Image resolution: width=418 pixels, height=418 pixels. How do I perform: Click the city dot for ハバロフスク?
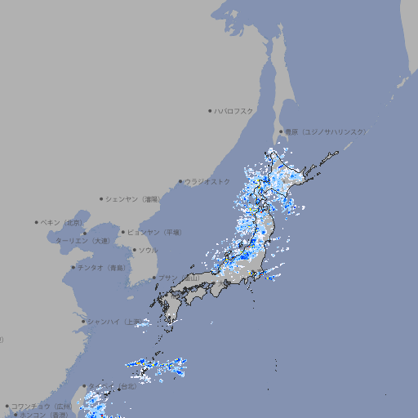tap(210, 110)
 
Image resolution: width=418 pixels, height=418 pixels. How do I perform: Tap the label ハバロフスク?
tap(234, 110)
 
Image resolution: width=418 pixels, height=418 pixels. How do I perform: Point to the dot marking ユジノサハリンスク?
tap(281, 131)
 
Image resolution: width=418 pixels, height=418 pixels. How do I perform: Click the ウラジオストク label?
tap(207, 181)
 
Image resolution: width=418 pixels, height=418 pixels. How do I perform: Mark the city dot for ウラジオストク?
tap(180, 182)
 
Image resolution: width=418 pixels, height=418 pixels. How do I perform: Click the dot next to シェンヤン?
tap(102, 198)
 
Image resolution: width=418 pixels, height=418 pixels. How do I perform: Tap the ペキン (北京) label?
tap(62, 222)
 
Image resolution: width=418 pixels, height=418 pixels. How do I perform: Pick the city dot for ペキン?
tap(37, 222)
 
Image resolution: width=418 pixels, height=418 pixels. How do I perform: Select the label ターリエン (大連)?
tap(82, 241)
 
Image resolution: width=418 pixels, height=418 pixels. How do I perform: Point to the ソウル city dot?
tap(134, 251)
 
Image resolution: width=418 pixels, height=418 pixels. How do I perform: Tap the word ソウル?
tap(148, 251)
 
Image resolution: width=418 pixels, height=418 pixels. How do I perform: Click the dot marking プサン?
tap(153, 278)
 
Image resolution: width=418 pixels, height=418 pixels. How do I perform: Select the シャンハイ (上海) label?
tap(113, 322)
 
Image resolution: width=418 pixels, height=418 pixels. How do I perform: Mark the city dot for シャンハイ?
tap(83, 322)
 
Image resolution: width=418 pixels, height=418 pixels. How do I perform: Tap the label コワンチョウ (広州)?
tap(42, 406)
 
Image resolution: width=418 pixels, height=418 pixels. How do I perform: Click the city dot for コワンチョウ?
tap(7, 406)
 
